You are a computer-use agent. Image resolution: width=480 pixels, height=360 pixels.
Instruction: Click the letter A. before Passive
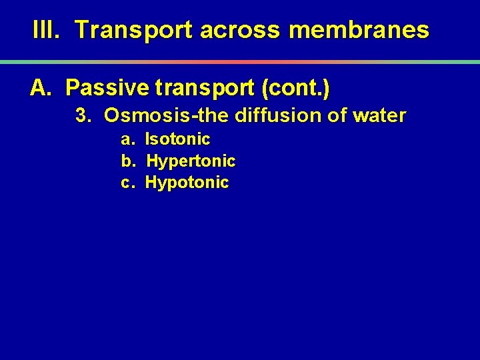pos(41,87)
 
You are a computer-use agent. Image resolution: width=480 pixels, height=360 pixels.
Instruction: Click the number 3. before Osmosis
pos(83,116)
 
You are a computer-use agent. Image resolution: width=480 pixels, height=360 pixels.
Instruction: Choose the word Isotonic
pos(177,139)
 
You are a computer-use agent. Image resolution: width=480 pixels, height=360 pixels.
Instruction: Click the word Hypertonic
pos(191,161)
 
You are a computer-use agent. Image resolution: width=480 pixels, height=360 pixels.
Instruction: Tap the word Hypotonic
pos(187,183)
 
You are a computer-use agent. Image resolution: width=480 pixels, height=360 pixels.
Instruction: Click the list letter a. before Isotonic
pos(128,139)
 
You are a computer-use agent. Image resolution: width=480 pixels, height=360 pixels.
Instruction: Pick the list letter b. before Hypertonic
pos(128,161)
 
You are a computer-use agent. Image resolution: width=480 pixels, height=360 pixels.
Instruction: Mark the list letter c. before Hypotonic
pos(128,183)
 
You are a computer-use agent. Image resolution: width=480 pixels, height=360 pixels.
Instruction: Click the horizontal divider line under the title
pos(240,61)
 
